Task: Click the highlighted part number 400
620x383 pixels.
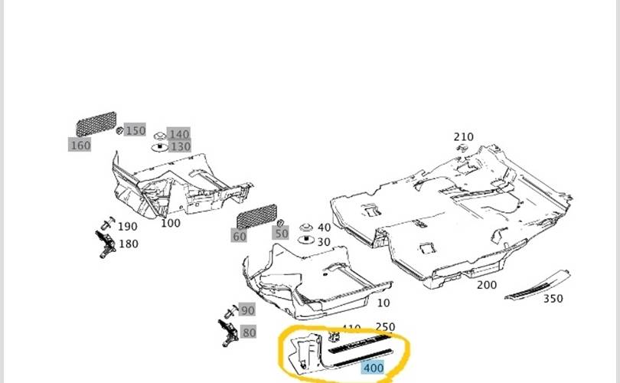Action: [374, 368]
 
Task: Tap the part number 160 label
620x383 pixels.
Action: [80, 145]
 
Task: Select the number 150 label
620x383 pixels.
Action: [135, 130]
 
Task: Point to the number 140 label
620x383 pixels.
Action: [179, 134]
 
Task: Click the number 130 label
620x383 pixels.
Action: [181, 146]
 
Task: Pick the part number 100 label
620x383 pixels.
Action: [171, 223]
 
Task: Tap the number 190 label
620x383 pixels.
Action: [128, 226]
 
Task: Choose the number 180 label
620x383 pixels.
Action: [128, 244]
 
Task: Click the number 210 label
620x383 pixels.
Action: [464, 137]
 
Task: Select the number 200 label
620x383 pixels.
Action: [487, 285]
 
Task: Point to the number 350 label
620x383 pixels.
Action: [553, 299]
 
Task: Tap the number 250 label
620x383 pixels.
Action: [385, 327]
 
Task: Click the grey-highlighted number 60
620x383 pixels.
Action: [240, 237]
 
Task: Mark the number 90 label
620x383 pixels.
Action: [247, 310]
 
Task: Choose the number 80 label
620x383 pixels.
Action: [249, 332]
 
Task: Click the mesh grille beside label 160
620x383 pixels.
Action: [95, 125]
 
